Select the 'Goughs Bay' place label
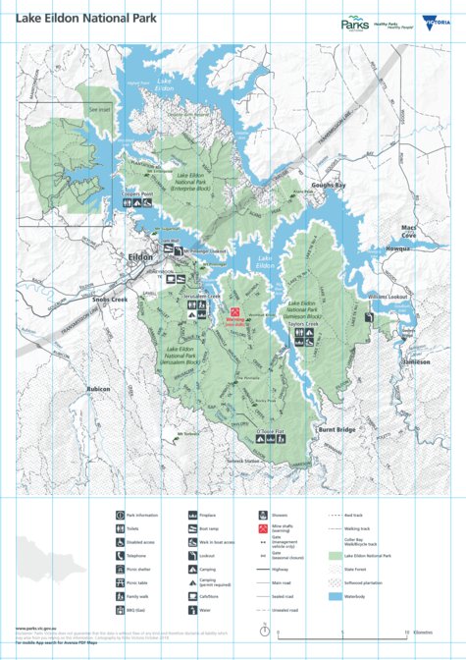[329, 185]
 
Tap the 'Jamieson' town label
[415, 361]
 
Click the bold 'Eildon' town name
[140, 257]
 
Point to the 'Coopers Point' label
[136, 194]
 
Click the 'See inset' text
[98, 110]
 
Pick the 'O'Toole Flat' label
[269, 430]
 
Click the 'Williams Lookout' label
[388, 296]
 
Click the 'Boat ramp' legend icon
[190, 527]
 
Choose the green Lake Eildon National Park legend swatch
[335, 556]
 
